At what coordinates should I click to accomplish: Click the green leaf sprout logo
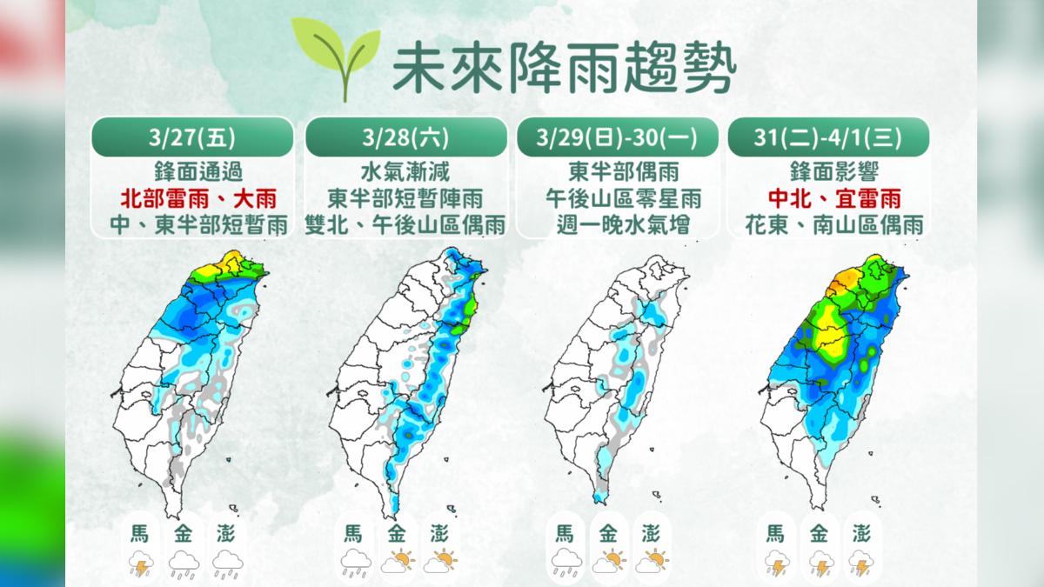coord(337,57)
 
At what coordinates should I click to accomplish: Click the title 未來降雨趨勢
coord(564,67)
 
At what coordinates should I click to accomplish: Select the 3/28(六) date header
coord(406,137)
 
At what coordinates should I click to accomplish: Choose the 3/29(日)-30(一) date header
coord(617,137)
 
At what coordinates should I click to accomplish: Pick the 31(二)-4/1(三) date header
coord(827,137)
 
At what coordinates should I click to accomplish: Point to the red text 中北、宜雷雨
coord(827,196)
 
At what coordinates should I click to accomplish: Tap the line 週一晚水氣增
coord(617,224)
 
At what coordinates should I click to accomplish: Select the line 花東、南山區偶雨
coord(827,224)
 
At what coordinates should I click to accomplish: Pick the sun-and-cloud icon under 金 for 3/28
coord(397,563)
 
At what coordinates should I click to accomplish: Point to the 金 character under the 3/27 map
coord(185,533)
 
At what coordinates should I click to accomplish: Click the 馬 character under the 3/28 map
coord(352,533)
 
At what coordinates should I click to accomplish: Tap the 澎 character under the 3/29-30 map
coord(652,533)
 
